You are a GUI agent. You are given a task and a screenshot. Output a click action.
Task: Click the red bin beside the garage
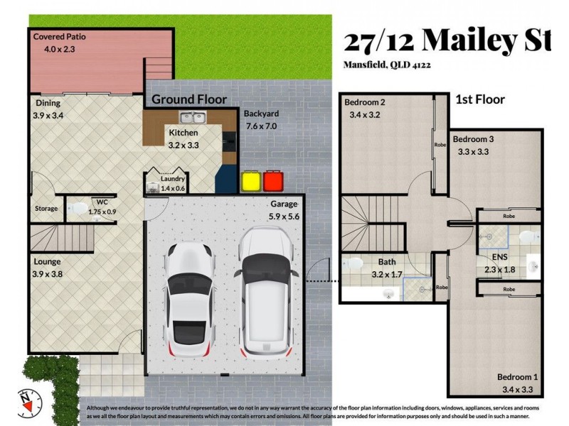[272, 182]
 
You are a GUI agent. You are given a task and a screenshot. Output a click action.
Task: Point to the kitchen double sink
[192, 118]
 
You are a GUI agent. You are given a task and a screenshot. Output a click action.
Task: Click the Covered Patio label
[62, 36]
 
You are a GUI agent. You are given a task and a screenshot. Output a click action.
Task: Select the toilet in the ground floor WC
[78, 209]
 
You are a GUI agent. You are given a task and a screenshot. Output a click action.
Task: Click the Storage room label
[46, 209]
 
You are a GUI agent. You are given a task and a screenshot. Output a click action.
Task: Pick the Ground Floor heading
[189, 99]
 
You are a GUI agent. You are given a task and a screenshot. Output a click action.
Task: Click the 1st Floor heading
[479, 99]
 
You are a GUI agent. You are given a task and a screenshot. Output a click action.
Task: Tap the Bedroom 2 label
[365, 102]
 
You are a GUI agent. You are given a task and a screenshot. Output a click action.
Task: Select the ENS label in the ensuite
[490, 256]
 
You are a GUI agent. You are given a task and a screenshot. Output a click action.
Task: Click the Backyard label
[261, 114]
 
